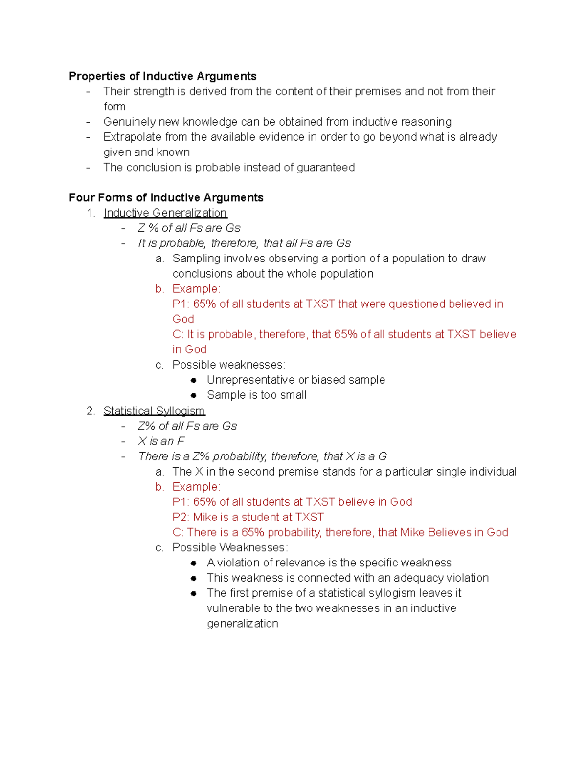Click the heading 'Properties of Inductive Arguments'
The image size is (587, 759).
point(162,76)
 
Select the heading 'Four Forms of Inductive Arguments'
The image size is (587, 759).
point(166,197)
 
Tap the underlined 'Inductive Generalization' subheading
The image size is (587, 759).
point(165,213)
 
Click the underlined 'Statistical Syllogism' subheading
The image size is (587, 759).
point(154,411)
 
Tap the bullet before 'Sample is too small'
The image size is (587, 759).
point(194,395)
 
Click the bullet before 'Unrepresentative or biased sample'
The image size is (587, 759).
point(194,380)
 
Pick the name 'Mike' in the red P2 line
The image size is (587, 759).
point(205,517)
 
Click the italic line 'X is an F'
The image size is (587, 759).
point(161,441)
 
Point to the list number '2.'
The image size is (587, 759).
point(90,411)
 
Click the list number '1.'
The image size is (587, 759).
point(90,213)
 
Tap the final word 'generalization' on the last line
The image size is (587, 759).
point(242,624)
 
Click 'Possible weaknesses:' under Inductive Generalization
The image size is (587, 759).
point(228,365)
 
